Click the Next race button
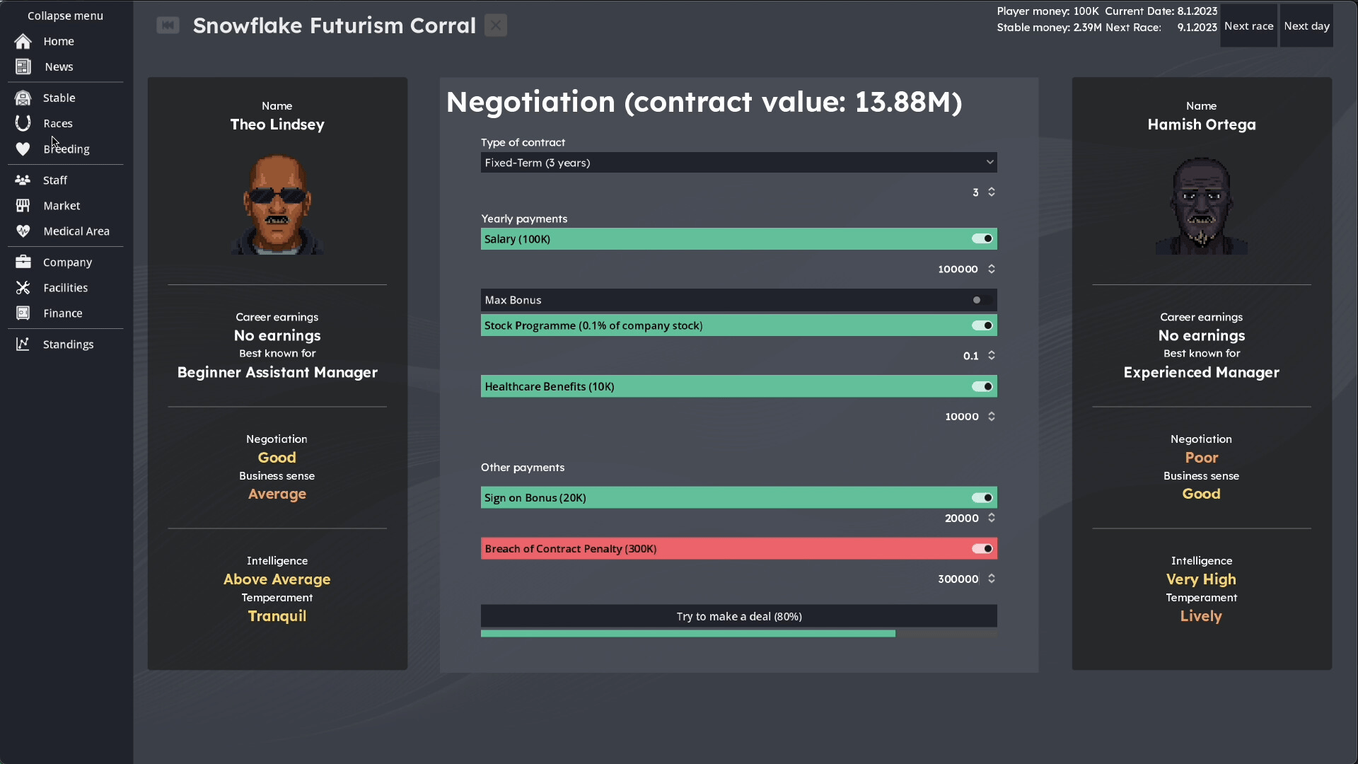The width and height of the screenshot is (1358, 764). [x=1248, y=26]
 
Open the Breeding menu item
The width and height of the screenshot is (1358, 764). [x=66, y=149]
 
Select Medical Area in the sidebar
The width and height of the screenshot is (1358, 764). [x=76, y=231]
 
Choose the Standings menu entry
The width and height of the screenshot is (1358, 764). [x=68, y=345]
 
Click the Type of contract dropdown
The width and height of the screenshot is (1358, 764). [x=738, y=163]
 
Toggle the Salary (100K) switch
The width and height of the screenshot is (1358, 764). [x=982, y=239]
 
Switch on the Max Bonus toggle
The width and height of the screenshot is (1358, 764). [x=982, y=300]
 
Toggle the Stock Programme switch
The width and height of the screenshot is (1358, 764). [x=982, y=325]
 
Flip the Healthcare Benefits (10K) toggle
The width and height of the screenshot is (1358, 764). [x=982, y=386]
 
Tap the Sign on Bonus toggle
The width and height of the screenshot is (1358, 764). [x=982, y=498]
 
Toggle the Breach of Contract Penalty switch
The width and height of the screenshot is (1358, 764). [x=982, y=549]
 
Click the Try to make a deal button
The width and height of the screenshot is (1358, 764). [x=738, y=616]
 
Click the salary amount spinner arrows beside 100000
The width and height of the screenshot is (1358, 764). [x=992, y=269]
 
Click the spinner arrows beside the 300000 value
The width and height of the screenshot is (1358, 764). [x=992, y=579]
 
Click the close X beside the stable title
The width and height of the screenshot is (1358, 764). [x=496, y=25]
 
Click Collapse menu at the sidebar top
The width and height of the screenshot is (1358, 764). [x=65, y=16]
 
